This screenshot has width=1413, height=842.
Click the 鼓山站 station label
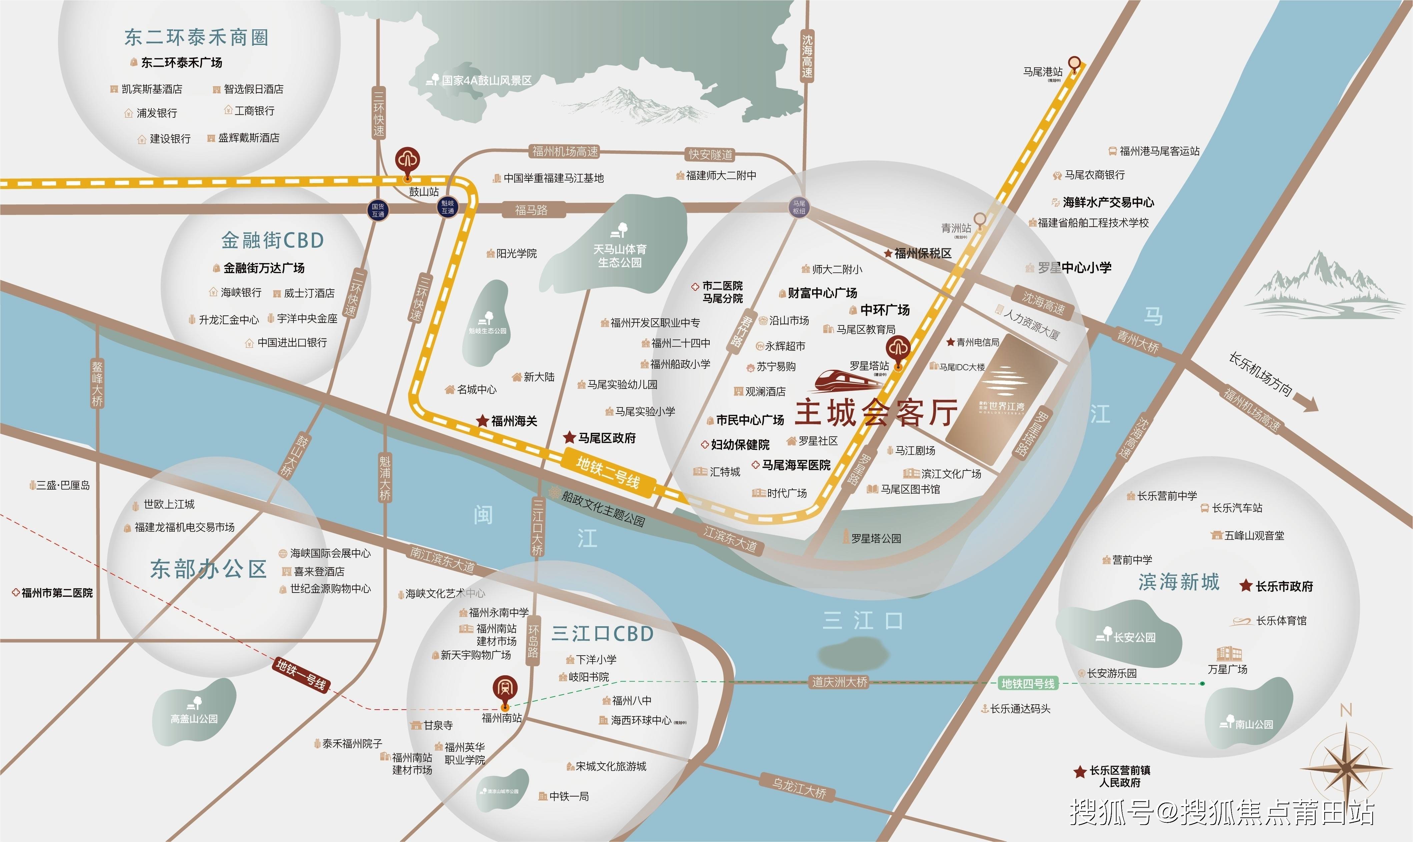coord(424,192)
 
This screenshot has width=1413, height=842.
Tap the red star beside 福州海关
coord(482,420)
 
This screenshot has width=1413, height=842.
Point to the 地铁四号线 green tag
coord(1028,684)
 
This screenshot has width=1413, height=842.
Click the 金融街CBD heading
coord(272,240)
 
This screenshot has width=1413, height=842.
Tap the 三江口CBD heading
coord(602,633)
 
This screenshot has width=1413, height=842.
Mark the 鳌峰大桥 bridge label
coord(98,383)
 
